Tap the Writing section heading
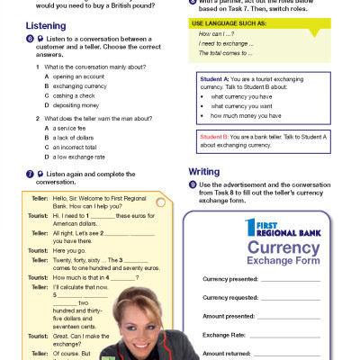coord(204,172)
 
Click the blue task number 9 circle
coord(192,184)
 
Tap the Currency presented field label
coord(230,280)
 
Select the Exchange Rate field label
coord(223,335)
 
